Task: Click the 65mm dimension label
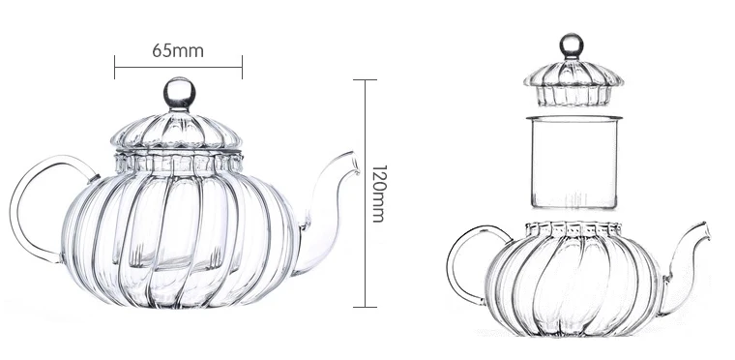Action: [178, 50]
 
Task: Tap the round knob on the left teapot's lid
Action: [178, 93]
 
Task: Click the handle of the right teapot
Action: [463, 261]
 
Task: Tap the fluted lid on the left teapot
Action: [178, 135]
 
